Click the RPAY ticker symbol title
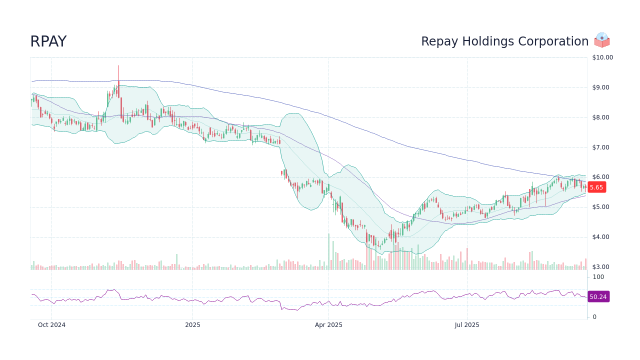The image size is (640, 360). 48,41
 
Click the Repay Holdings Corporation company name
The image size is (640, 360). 504,41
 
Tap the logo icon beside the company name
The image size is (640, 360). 602,40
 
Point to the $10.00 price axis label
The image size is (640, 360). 602,57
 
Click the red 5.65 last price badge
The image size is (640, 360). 596,187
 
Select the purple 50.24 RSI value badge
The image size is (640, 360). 598,297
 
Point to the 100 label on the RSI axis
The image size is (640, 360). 598,277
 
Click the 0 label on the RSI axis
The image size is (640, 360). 594,317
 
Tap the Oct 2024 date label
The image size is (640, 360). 51,325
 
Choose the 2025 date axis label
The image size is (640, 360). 192,325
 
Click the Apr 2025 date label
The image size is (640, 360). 328,325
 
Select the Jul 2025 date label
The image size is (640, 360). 467,325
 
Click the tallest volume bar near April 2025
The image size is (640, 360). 328,252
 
